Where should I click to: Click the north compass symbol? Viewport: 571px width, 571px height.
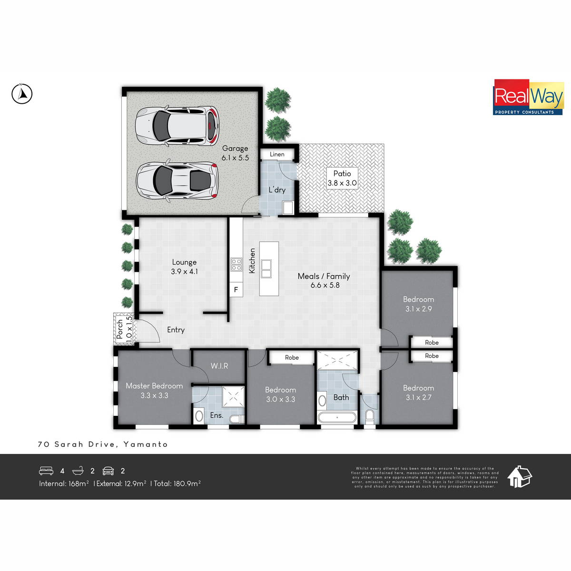click(22, 94)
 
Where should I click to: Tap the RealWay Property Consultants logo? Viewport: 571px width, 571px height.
click(528, 97)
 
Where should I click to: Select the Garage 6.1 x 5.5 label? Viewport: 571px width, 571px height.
click(235, 153)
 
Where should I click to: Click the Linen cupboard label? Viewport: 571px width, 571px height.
click(277, 154)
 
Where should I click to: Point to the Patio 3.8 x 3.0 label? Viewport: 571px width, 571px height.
click(342, 178)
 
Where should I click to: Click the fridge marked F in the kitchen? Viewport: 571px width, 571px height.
click(236, 289)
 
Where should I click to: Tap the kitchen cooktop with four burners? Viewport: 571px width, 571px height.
click(236, 265)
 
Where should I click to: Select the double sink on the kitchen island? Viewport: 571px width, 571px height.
click(266, 268)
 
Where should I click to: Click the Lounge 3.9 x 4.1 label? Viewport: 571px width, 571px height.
click(184, 266)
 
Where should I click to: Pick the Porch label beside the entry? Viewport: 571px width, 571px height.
click(120, 329)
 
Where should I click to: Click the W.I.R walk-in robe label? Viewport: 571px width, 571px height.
click(219, 366)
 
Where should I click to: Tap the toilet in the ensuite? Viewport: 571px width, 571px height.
click(237, 419)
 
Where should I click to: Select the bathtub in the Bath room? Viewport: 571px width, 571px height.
click(337, 417)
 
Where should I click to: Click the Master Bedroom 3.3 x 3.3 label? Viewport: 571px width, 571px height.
click(154, 391)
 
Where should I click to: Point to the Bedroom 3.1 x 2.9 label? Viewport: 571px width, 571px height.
click(418, 304)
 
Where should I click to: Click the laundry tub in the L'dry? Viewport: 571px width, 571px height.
click(288, 207)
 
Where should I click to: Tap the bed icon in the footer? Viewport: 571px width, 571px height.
click(46, 471)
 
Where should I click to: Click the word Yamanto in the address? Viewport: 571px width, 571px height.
click(146, 444)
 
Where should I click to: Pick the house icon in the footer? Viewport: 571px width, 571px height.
click(520, 476)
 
